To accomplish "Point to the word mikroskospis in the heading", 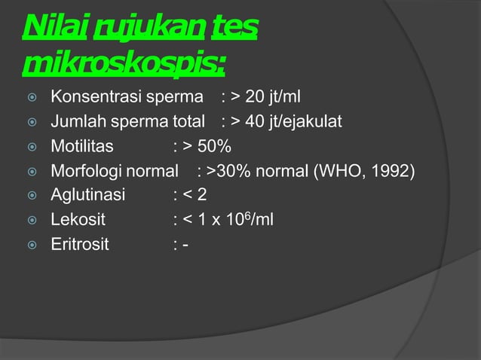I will tap(122, 66).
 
